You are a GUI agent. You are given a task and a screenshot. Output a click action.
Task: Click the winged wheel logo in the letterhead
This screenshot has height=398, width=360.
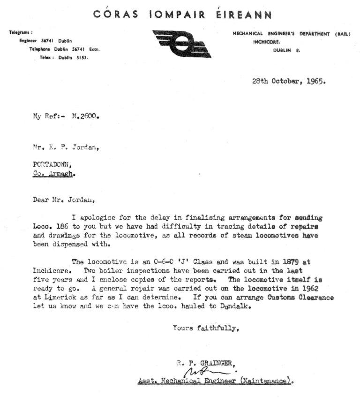[182, 43]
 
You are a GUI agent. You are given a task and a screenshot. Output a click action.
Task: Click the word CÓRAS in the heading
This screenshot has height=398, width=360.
[116, 15]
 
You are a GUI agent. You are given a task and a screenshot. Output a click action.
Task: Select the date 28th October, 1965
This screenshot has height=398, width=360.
[289, 80]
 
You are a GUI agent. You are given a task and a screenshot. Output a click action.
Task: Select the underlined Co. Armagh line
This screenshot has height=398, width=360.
[54, 173]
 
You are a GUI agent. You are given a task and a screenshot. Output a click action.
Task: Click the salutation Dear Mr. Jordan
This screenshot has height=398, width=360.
[63, 199]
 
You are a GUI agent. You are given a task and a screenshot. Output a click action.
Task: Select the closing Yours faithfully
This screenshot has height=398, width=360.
[206, 328]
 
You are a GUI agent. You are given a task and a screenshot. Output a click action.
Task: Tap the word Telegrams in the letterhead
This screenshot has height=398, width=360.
[21, 32]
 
